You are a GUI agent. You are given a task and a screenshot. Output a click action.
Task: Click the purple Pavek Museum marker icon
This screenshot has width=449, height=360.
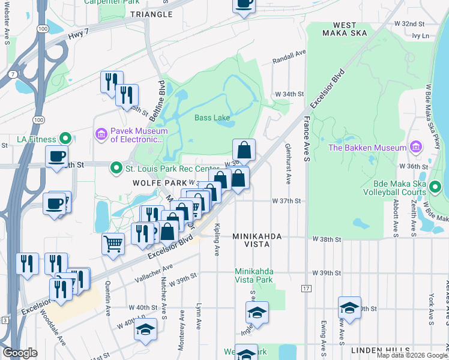[x=101, y=133]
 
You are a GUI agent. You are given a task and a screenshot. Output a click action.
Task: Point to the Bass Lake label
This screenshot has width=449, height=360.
[x=212, y=118]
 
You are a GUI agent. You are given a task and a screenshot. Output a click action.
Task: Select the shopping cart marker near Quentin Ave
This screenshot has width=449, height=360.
[x=113, y=244]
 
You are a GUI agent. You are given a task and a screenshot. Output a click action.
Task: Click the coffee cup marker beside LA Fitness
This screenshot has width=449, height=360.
[x=57, y=157]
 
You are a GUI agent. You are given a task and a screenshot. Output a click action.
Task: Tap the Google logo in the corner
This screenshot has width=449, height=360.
[x=20, y=353]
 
